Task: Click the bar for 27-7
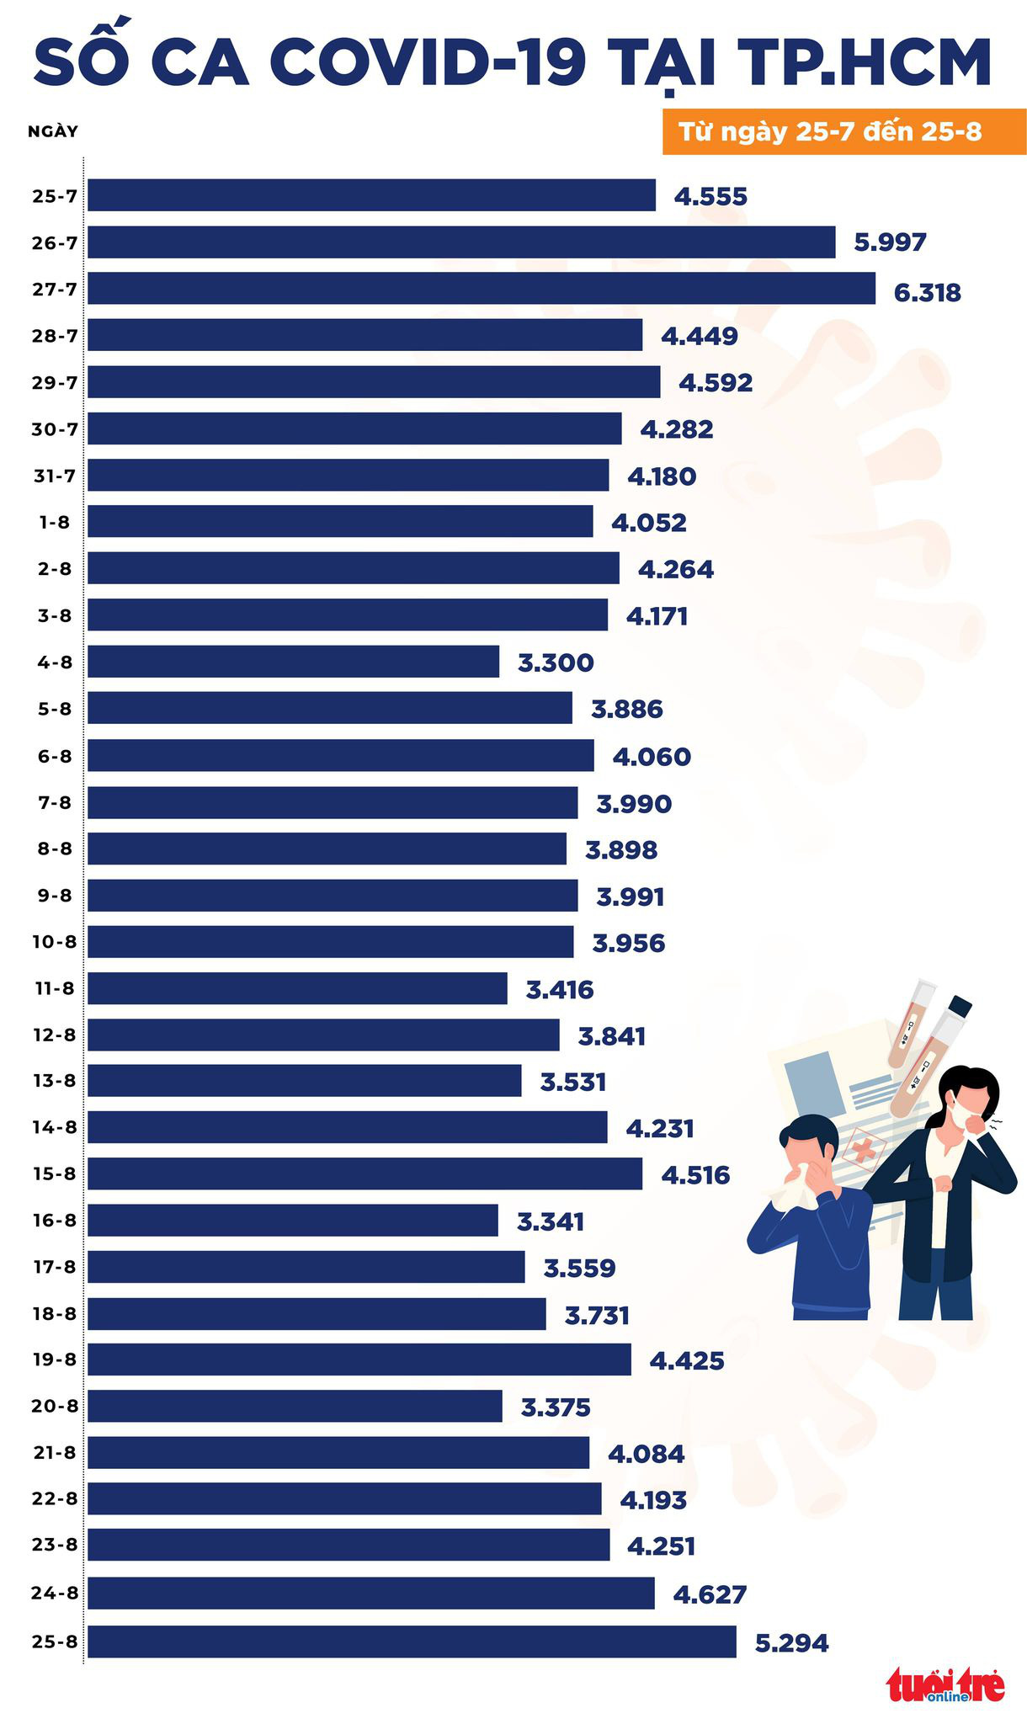(481, 288)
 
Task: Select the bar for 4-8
(293, 662)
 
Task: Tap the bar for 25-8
(412, 1642)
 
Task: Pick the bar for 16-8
(292, 1220)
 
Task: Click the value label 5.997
(890, 242)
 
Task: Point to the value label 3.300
(556, 662)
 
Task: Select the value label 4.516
(695, 1174)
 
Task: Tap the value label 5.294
(791, 1642)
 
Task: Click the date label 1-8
(54, 523)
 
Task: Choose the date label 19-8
(54, 1360)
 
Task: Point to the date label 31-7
(54, 476)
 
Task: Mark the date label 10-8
(54, 941)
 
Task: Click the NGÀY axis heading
(53, 131)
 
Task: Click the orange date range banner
(843, 132)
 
